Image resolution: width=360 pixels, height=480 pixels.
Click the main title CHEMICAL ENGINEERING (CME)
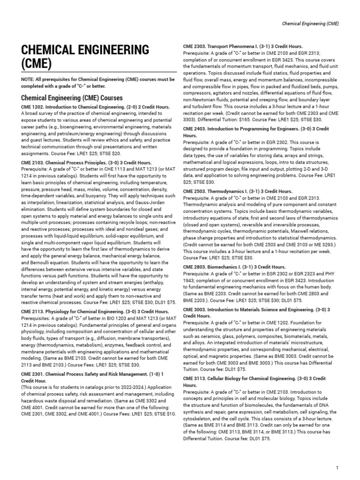point(85,56)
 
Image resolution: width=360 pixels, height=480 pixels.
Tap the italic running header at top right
point(310,23)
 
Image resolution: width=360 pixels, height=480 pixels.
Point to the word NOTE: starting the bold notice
point(29,80)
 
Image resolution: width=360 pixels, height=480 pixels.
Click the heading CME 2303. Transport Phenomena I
point(242,46)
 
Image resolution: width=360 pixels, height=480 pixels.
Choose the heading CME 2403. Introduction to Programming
point(256,128)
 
